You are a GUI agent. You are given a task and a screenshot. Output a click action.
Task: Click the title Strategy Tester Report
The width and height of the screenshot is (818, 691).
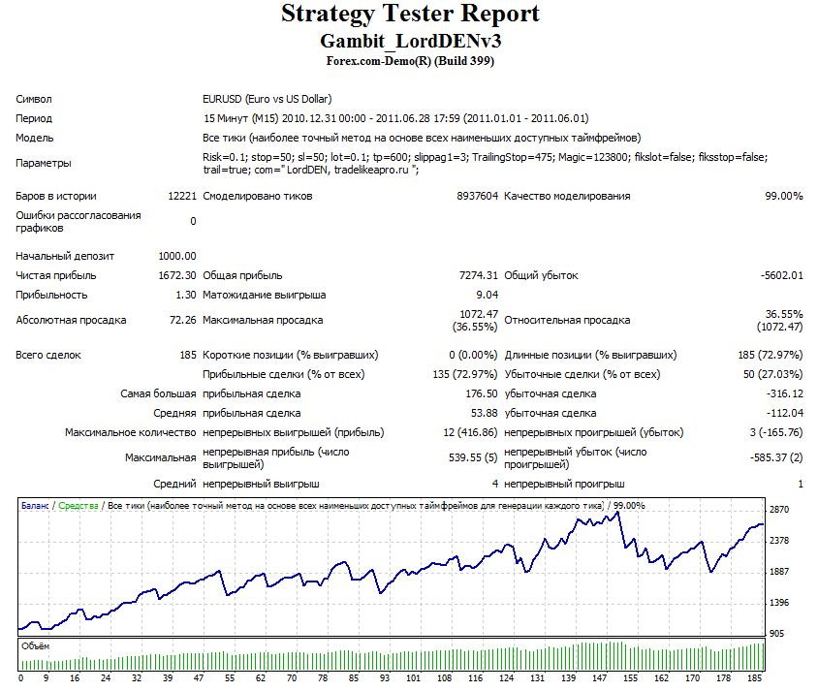pos(410,14)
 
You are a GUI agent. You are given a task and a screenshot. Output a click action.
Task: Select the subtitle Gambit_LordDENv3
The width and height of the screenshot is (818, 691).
pos(411,41)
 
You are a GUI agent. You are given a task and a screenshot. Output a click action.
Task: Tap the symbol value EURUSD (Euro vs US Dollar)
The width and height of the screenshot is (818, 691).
pos(267,99)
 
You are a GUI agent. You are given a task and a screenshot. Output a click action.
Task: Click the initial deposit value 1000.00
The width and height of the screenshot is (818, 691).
pos(177,256)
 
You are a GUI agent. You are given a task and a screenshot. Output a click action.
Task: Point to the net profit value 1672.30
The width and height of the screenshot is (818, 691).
pos(177,275)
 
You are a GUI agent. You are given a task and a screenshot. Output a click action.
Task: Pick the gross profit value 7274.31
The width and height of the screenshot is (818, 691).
pos(479,275)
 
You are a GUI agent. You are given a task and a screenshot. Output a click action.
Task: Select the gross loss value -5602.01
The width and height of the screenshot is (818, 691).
pos(781,275)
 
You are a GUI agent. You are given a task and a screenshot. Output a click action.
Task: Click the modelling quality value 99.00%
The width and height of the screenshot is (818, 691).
pos(783,196)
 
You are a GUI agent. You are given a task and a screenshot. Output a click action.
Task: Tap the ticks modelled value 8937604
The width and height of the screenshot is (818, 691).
pos(478,196)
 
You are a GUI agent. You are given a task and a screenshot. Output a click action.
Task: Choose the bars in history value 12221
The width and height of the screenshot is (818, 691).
pos(182,196)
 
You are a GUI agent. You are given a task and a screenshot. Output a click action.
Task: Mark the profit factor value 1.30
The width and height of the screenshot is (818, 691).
pos(186,295)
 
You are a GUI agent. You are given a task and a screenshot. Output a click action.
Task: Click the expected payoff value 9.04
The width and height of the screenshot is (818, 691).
pos(488,295)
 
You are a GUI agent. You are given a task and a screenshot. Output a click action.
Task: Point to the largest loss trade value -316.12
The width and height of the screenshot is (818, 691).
pos(785,393)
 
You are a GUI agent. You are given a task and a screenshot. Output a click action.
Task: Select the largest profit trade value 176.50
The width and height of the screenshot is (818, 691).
pos(482,393)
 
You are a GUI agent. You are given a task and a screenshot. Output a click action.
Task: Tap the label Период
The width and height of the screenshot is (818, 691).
pos(34,119)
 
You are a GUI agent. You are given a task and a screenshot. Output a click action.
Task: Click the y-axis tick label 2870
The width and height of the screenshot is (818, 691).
pos(779,510)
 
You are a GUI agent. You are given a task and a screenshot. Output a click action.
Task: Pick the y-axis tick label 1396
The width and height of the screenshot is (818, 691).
pos(779,603)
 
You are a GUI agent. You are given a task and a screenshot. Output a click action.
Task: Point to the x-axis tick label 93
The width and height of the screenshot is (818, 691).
pos(385,678)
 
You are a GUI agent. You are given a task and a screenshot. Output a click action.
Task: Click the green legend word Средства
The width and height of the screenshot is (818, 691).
pos(79,506)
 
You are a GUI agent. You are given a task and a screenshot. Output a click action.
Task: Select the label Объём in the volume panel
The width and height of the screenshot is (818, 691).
pos(36,646)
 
